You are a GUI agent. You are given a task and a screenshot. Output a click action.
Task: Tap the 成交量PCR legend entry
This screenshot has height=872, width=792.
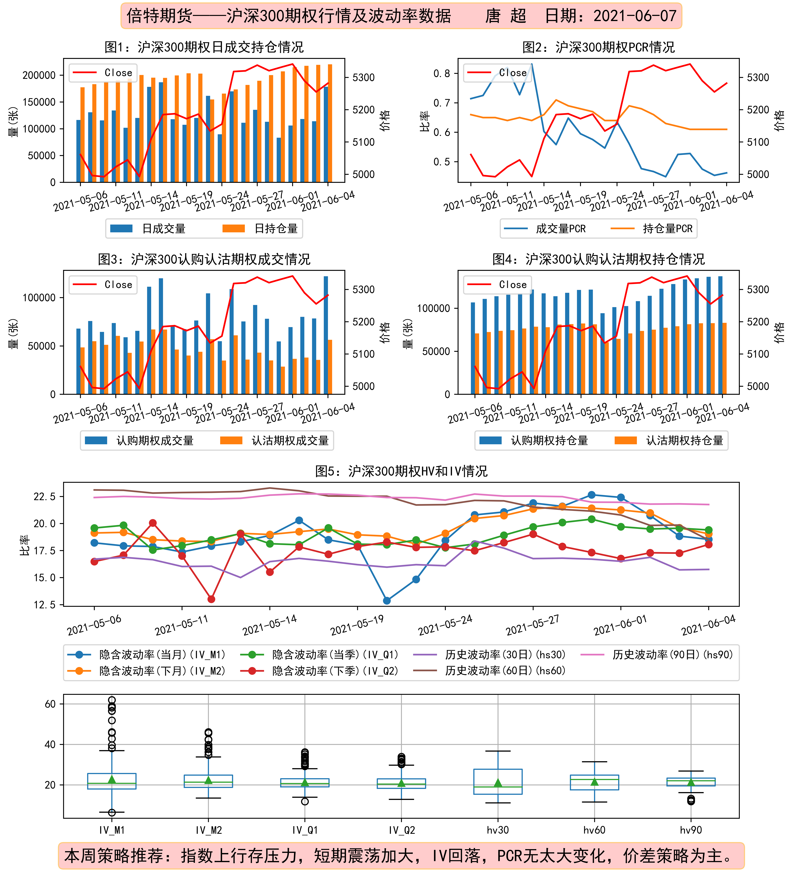click(545, 228)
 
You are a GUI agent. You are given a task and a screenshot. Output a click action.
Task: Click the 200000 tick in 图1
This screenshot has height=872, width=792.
click(39, 75)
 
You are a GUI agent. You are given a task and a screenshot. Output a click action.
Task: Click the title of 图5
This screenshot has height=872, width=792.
click(401, 471)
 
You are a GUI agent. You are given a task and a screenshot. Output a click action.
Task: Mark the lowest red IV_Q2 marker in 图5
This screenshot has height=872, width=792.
click(211, 599)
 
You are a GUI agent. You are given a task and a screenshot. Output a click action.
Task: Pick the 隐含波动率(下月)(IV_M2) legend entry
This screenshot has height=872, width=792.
click(147, 671)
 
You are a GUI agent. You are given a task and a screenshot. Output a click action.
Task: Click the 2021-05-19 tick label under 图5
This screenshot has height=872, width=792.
click(357, 625)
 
